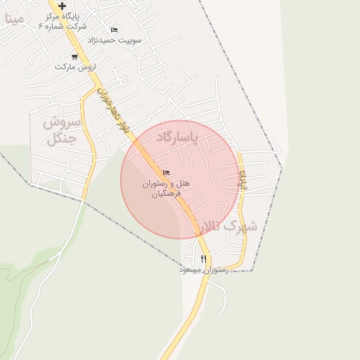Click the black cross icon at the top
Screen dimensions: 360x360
(63, 6)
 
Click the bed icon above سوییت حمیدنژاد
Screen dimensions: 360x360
(114, 30)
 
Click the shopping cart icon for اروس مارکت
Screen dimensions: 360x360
(74, 56)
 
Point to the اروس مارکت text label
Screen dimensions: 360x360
(75, 67)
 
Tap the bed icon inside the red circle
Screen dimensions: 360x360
(166, 172)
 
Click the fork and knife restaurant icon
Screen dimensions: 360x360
(203, 259)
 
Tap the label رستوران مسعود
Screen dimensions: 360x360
(203, 269)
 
